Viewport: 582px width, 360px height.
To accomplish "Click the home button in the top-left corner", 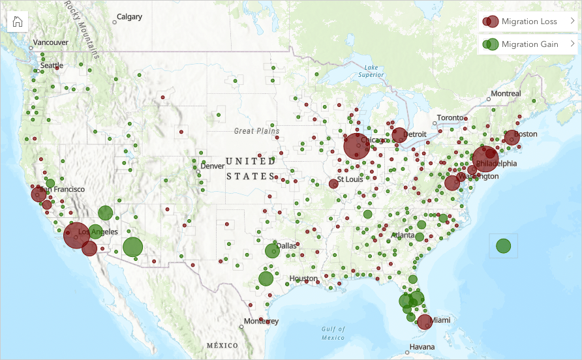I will pyautogui.click(x=18, y=21).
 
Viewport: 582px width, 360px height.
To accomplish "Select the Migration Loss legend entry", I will pyautogui.click(x=528, y=22).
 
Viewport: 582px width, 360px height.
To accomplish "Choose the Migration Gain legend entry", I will pyautogui.click(x=528, y=44).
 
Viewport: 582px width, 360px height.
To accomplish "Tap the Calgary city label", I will pyautogui.click(x=129, y=17).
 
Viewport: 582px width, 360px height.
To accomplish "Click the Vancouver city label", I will pyautogui.click(x=50, y=42).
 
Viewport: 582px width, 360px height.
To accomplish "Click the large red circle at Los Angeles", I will pyautogui.click(x=76, y=235).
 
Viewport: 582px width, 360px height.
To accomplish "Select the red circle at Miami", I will pyautogui.click(x=425, y=322).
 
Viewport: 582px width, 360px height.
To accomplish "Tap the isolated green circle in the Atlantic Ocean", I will pyautogui.click(x=503, y=246).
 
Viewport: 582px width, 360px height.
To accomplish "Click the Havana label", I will pyautogui.click(x=421, y=346).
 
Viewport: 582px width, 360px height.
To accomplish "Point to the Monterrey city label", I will pyautogui.click(x=261, y=322).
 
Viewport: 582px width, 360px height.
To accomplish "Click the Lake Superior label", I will pyautogui.click(x=371, y=71).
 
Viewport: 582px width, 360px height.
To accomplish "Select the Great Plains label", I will pyautogui.click(x=256, y=131).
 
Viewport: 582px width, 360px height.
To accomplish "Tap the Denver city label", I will pyautogui.click(x=212, y=166).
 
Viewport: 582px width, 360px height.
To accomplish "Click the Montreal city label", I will pyautogui.click(x=506, y=94).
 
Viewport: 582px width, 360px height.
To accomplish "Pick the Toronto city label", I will pyautogui.click(x=450, y=117).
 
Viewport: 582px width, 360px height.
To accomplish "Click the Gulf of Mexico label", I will pyautogui.click(x=333, y=333).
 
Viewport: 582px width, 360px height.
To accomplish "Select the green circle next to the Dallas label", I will pyautogui.click(x=272, y=250).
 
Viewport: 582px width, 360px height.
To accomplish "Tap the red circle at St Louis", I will pyautogui.click(x=333, y=184).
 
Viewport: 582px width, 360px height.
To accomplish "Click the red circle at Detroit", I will pyautogui.click(x=399, y=136).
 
